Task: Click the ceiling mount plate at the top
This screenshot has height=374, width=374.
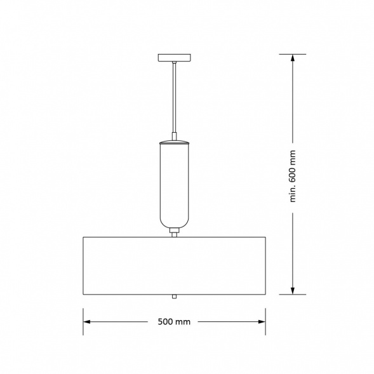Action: pos(175,58)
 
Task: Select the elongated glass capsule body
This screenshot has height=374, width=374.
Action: pos(175,185)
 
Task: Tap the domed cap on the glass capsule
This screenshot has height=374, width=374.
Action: pos(175,142)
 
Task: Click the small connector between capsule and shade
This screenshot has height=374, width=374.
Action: pos(175,232)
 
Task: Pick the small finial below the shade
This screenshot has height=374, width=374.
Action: pos(175,297)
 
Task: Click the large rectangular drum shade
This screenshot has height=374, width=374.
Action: pos(175,265)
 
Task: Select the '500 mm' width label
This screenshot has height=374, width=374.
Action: pos(174,322)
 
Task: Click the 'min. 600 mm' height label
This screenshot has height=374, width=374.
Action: pos(293,177)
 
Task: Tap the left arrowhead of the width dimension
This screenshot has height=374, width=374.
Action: pos(86,322)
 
